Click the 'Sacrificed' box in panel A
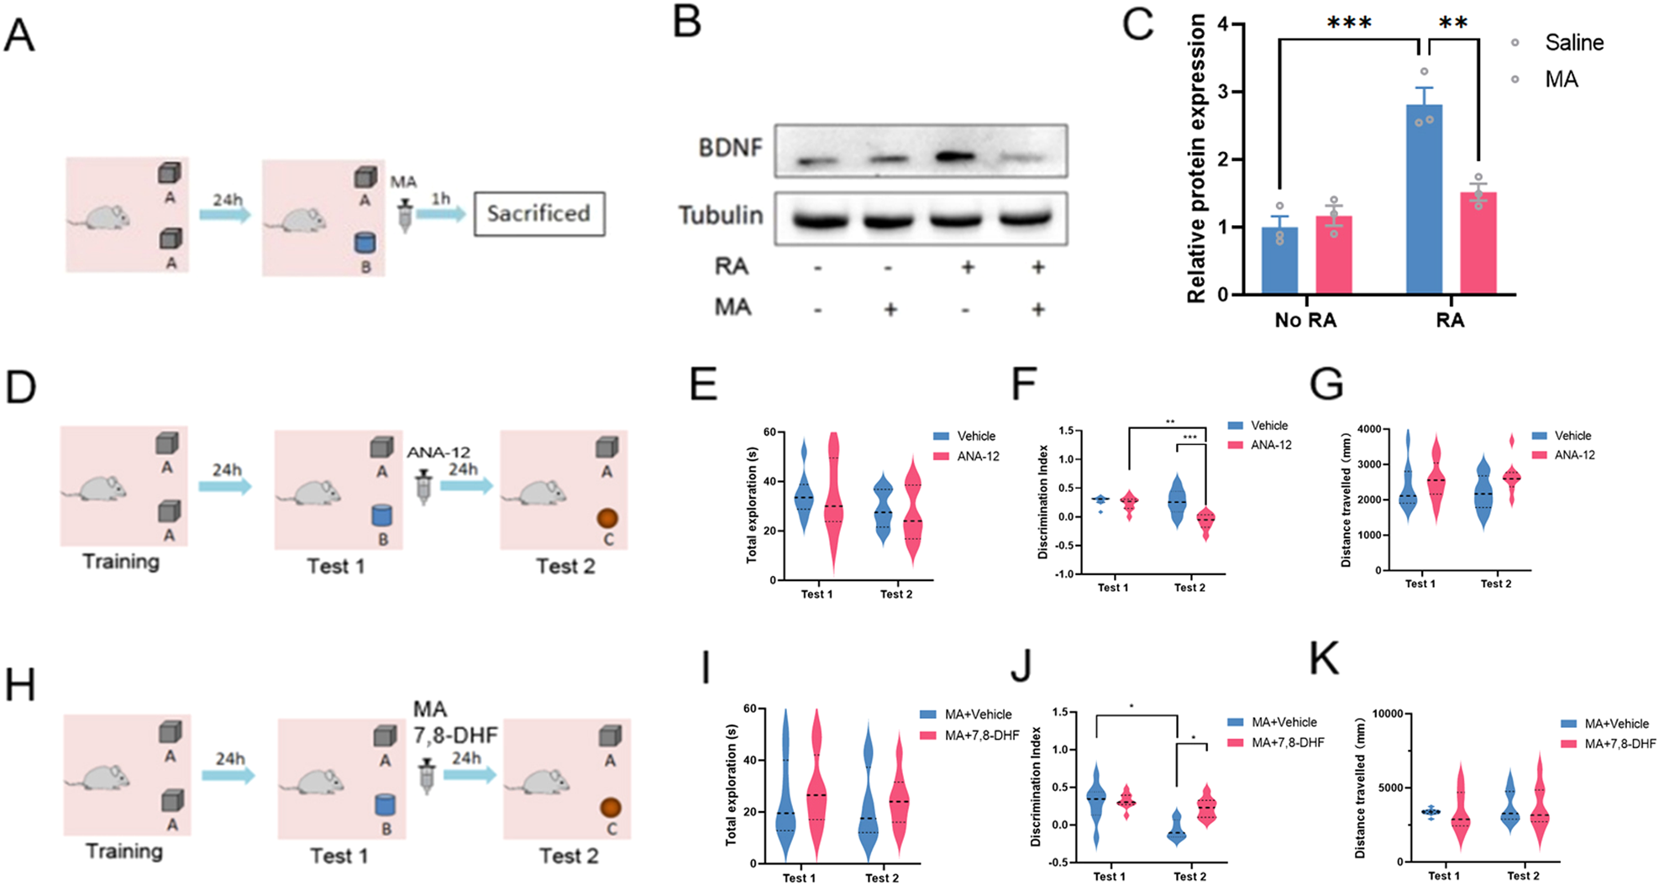click(x=538, y=213)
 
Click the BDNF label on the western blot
click(x=730, y=148)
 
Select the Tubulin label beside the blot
click(x=721, y=215)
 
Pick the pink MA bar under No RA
click(x=1334, y=256)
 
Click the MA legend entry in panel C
click(x=1561, y=79)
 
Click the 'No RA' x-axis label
click(x=1305, y=320)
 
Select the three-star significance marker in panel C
click(x=1349, y=23)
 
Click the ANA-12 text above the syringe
click(x=438, y=453)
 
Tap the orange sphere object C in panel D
click(x=607, y=518)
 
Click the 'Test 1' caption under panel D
click(x=336, y=566)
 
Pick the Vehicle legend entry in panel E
click(x=975, y=436)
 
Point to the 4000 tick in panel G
click(x=1367, y=429)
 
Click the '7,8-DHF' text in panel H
click(x=455, y=736)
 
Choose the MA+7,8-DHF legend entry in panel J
click(x=1287, y=742)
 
